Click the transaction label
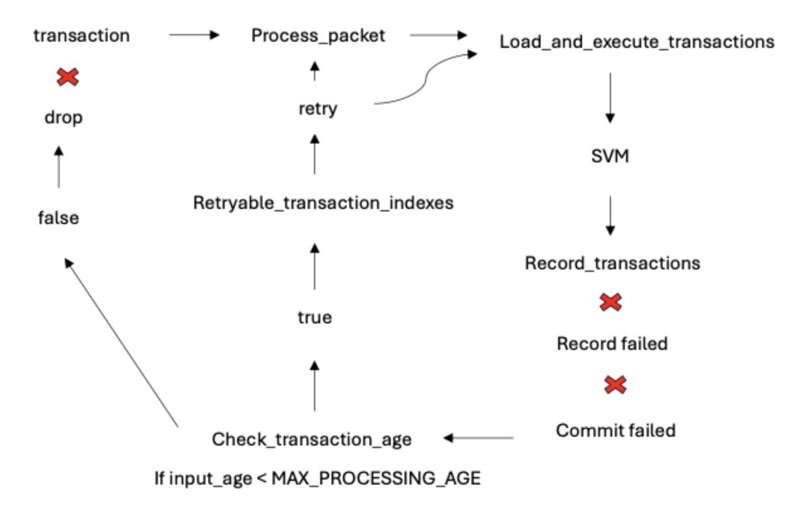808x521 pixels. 81,35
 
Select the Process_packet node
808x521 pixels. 318,35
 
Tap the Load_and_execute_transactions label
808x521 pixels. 636,42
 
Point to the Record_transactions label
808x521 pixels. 612,262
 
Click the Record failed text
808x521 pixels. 612,344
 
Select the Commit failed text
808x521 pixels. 615,430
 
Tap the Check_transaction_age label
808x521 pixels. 311,439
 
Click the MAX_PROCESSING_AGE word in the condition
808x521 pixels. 376,478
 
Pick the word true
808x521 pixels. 315,318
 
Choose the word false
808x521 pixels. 59,218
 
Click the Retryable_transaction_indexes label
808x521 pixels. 323,204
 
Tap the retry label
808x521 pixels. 317,108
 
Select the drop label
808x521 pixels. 63,118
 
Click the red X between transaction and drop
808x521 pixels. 68,77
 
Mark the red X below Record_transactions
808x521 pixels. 610,303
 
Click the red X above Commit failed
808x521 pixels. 614,384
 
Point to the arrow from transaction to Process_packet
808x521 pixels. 194,35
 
